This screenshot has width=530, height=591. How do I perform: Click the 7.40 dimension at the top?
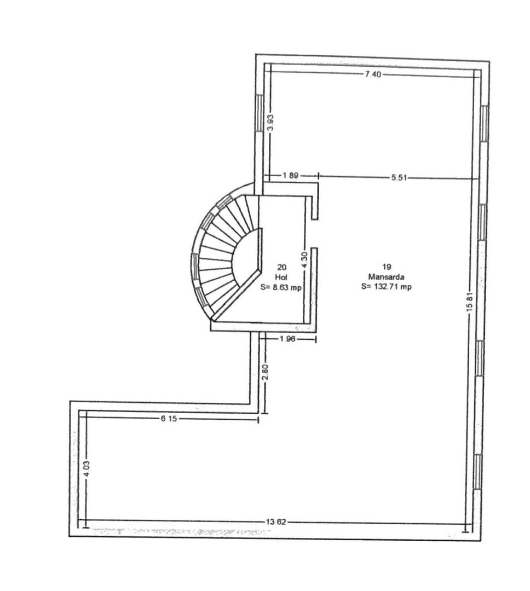tap(372, 74)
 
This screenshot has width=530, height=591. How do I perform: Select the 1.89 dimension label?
tap(290, 176)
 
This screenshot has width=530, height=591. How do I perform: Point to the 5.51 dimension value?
tap(399, 177)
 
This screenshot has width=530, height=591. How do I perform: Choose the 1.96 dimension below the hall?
tap(287, 339)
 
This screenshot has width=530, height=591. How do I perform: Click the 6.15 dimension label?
tap(169, 418)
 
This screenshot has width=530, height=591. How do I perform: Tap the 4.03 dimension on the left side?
tap(85, 469)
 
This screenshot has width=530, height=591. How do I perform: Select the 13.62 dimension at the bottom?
tap(276, 522)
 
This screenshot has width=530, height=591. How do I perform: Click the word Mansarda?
tap(386, 277)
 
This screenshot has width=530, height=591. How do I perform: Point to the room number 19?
tap(387, 269)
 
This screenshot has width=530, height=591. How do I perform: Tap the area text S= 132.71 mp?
tap(387, 286)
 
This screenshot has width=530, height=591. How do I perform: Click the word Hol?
tap(282, 277)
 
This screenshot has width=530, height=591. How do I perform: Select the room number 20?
tap(282, 268)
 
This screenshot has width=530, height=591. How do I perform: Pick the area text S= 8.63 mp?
tap(282, 286)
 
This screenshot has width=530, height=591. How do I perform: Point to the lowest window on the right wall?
tap(479, 472)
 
